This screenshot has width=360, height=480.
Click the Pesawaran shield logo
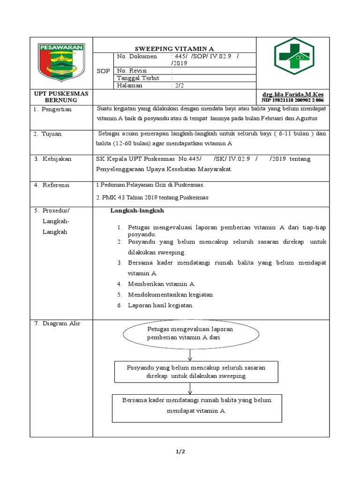tap(62, 62)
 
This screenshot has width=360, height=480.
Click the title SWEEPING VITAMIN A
tap(174, 48)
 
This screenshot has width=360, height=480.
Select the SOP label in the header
tap(103, 71)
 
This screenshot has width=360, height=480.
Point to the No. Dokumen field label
tap(137, 56)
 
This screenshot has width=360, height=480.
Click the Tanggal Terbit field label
tap(138, 78)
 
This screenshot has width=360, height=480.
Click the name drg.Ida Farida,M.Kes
tap(293, 94)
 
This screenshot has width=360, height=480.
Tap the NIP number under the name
tap(293, 100)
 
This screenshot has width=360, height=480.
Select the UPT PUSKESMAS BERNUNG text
tap(61, 97)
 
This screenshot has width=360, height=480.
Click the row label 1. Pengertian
tap(52, 109)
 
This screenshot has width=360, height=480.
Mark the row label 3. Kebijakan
tap(52, 159)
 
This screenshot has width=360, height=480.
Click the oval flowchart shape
tap(190, 333)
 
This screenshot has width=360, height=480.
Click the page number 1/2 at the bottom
tap(180, 452)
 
